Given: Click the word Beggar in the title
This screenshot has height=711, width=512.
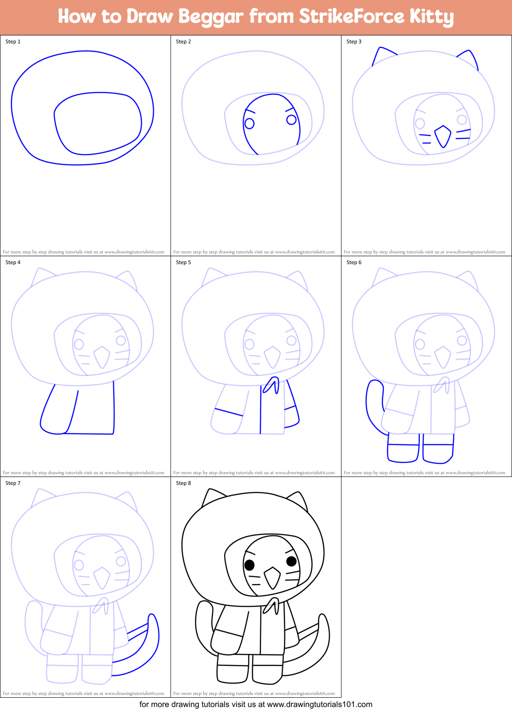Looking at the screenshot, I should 211,17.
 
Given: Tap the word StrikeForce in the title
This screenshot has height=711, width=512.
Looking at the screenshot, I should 352,16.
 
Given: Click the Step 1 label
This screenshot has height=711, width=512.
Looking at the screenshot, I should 13,42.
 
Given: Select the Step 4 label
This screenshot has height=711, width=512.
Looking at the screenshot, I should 13,262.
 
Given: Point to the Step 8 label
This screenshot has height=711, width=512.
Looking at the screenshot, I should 183,483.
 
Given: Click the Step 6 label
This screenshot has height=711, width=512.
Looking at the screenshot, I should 354,262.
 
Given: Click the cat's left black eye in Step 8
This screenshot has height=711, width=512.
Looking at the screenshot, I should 249,565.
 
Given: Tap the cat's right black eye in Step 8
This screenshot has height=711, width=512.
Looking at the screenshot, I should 291,561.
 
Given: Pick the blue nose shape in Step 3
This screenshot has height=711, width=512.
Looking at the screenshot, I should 442,136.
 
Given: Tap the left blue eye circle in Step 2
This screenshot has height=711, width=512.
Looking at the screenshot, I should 249,123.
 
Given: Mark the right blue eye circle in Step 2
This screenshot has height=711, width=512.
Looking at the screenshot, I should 291,119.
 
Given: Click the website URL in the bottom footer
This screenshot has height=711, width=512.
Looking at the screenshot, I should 319,704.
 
